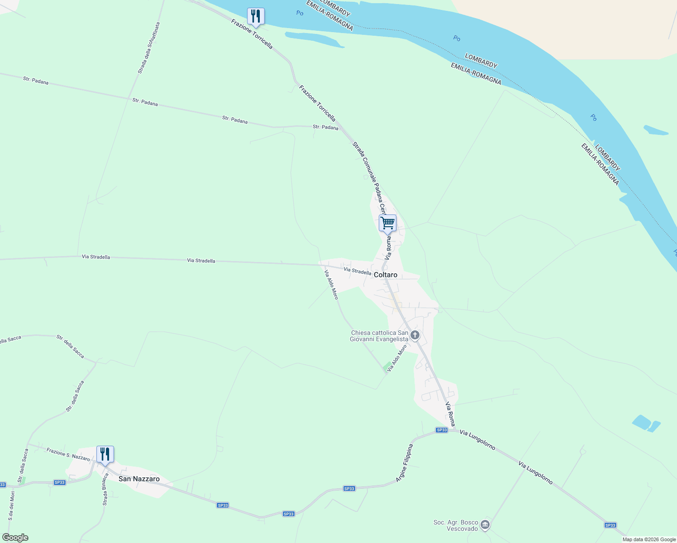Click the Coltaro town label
[x=385, y=275]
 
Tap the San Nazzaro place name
[x=139, y=479]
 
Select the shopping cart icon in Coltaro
[x=387, y=223]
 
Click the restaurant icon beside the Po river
[x=256, y=16]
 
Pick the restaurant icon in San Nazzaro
[x=105, y=454]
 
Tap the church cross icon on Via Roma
[x=415, y=336]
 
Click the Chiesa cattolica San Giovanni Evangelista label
[x=379, y=336]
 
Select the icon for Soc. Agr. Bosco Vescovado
[x=485, y=525]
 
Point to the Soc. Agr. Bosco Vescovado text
[x=456, y=525]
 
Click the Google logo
[x=15, y=538]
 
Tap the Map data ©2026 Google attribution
[x=649, y=539]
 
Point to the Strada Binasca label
[x=105, y=489]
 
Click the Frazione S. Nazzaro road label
[x=68, y=454]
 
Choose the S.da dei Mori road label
[x=12, y=505]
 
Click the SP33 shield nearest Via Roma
[x=442, y=430]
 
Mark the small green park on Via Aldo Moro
[x=387, y=367]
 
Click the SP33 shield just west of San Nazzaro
[x=59, y=482]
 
